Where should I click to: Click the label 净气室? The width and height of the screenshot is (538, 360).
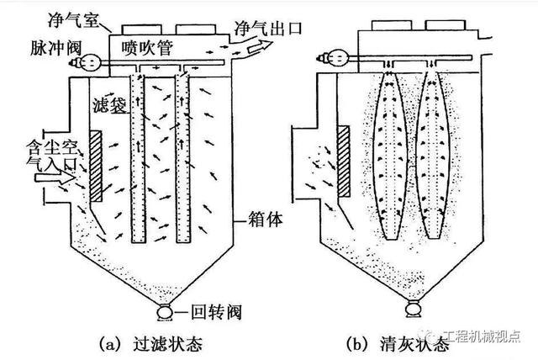73,20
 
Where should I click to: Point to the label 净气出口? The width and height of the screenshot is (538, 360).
268,28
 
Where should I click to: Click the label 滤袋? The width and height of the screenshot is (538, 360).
110,104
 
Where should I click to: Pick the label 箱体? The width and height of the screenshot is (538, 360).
266,219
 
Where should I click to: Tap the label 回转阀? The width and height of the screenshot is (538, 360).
216,312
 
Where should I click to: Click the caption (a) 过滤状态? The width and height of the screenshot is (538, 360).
150,343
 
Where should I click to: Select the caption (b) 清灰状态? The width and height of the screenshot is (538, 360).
398,343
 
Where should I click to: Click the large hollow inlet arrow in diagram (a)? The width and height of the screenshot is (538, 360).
55,177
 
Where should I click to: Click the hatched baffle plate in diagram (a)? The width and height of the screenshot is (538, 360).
96,166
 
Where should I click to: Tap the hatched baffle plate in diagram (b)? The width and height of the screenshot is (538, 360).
344,161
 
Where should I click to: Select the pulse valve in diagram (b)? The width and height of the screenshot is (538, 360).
335,58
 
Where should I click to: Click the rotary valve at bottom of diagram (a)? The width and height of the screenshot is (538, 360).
165,313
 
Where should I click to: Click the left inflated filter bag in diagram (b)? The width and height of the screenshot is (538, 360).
390,156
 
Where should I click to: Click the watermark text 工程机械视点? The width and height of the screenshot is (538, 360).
482,336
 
